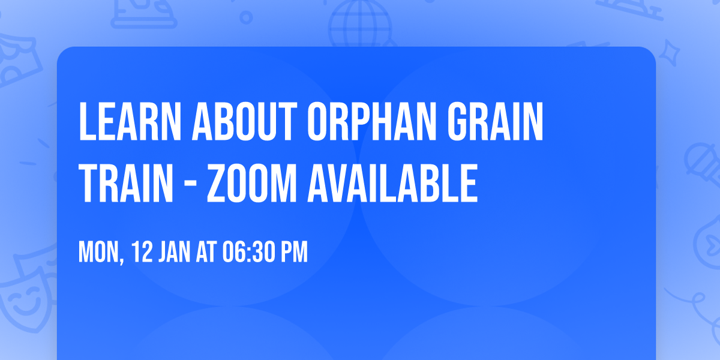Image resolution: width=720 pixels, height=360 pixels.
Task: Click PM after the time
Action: (x=293, y=253)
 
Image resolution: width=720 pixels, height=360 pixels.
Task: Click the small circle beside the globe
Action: (x=246, y=16)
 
